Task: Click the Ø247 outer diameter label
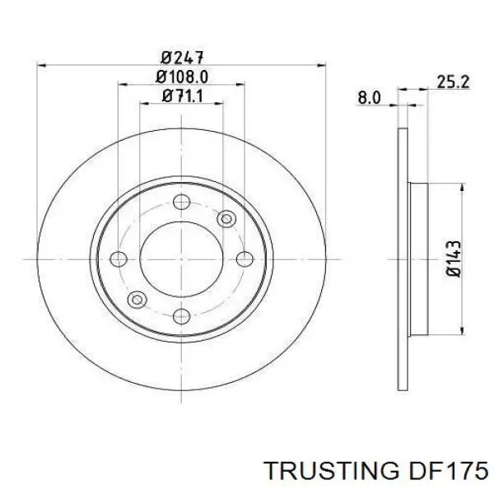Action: coord(182,57)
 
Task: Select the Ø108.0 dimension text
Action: coord(182,77)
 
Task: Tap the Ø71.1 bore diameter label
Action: coord(182,97)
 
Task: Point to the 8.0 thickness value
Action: coord(368,98)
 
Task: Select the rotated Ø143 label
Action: coord(453,259)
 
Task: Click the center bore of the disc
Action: coord(182,259)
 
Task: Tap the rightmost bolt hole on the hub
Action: coord(245,259)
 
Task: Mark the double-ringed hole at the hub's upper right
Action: coord(226,218)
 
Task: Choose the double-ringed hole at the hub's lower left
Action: coord(137,298)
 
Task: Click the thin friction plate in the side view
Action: coord(403,259)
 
